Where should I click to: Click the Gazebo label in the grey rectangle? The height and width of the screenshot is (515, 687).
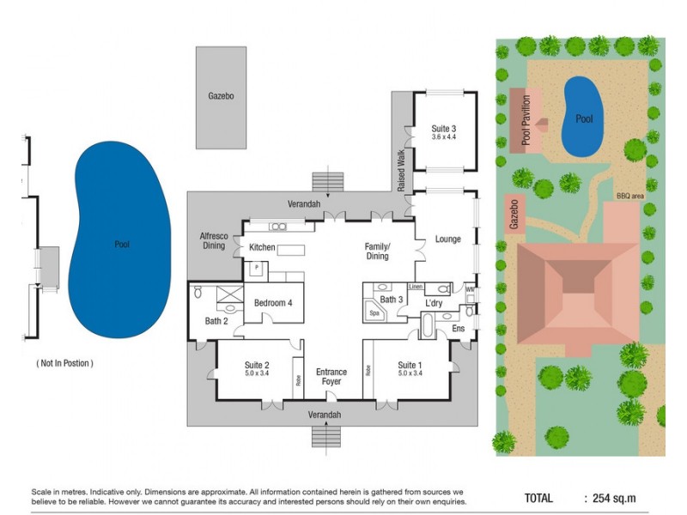(x=221, y=96)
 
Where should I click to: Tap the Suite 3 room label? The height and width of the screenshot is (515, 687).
(x=443, y=129)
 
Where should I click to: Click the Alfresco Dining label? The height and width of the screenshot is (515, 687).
(x=212, y=241)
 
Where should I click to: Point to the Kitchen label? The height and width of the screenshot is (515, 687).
(x=261, y=247)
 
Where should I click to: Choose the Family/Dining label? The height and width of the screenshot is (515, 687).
(x=377, y=251)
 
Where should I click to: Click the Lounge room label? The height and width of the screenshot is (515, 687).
(x=448, y=239)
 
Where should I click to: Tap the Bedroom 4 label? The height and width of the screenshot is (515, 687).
(x=273, y=303)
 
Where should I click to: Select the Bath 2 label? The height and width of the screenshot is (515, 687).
(x=216, y=321)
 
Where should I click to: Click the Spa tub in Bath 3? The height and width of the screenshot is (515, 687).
(x=374, y=314)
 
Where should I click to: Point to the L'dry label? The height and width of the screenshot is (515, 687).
(x=434, y=303)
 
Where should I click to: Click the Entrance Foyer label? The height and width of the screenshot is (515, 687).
(x=331, y=377)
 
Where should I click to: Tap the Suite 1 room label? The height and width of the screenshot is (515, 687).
(x=410, y=365)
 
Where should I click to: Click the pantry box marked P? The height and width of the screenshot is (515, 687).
(x=255, y=269)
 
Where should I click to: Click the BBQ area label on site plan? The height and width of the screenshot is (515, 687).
(x=629, y=197)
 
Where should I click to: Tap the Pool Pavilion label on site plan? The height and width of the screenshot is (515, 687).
(x=526, y=121)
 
